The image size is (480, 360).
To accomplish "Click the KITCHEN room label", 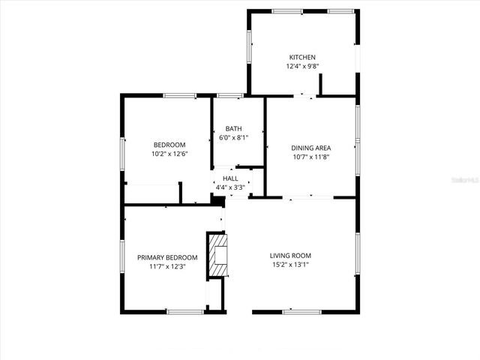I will point(303,57).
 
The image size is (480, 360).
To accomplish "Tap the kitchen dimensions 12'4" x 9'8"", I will point(303,66).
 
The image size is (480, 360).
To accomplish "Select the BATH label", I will point(233,128).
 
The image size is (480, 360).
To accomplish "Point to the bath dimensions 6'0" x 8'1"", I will point(233,137).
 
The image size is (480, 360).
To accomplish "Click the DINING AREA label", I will point(311,148).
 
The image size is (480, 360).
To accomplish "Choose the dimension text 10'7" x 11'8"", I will point(311,157).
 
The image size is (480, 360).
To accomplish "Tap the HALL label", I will point(230,178).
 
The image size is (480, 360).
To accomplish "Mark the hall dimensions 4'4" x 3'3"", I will point(230,187).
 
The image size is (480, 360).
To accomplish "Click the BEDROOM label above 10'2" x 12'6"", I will point(169,145).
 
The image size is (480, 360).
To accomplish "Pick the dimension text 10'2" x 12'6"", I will point(169,154).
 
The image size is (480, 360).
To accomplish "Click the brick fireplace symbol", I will point(218,255).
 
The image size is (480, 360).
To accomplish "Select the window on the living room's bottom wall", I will point(302,312).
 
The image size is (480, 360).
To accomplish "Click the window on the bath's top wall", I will point(229,95).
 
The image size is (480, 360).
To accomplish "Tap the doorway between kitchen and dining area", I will point(304,95).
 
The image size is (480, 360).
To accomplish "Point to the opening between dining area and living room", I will point(307,197).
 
